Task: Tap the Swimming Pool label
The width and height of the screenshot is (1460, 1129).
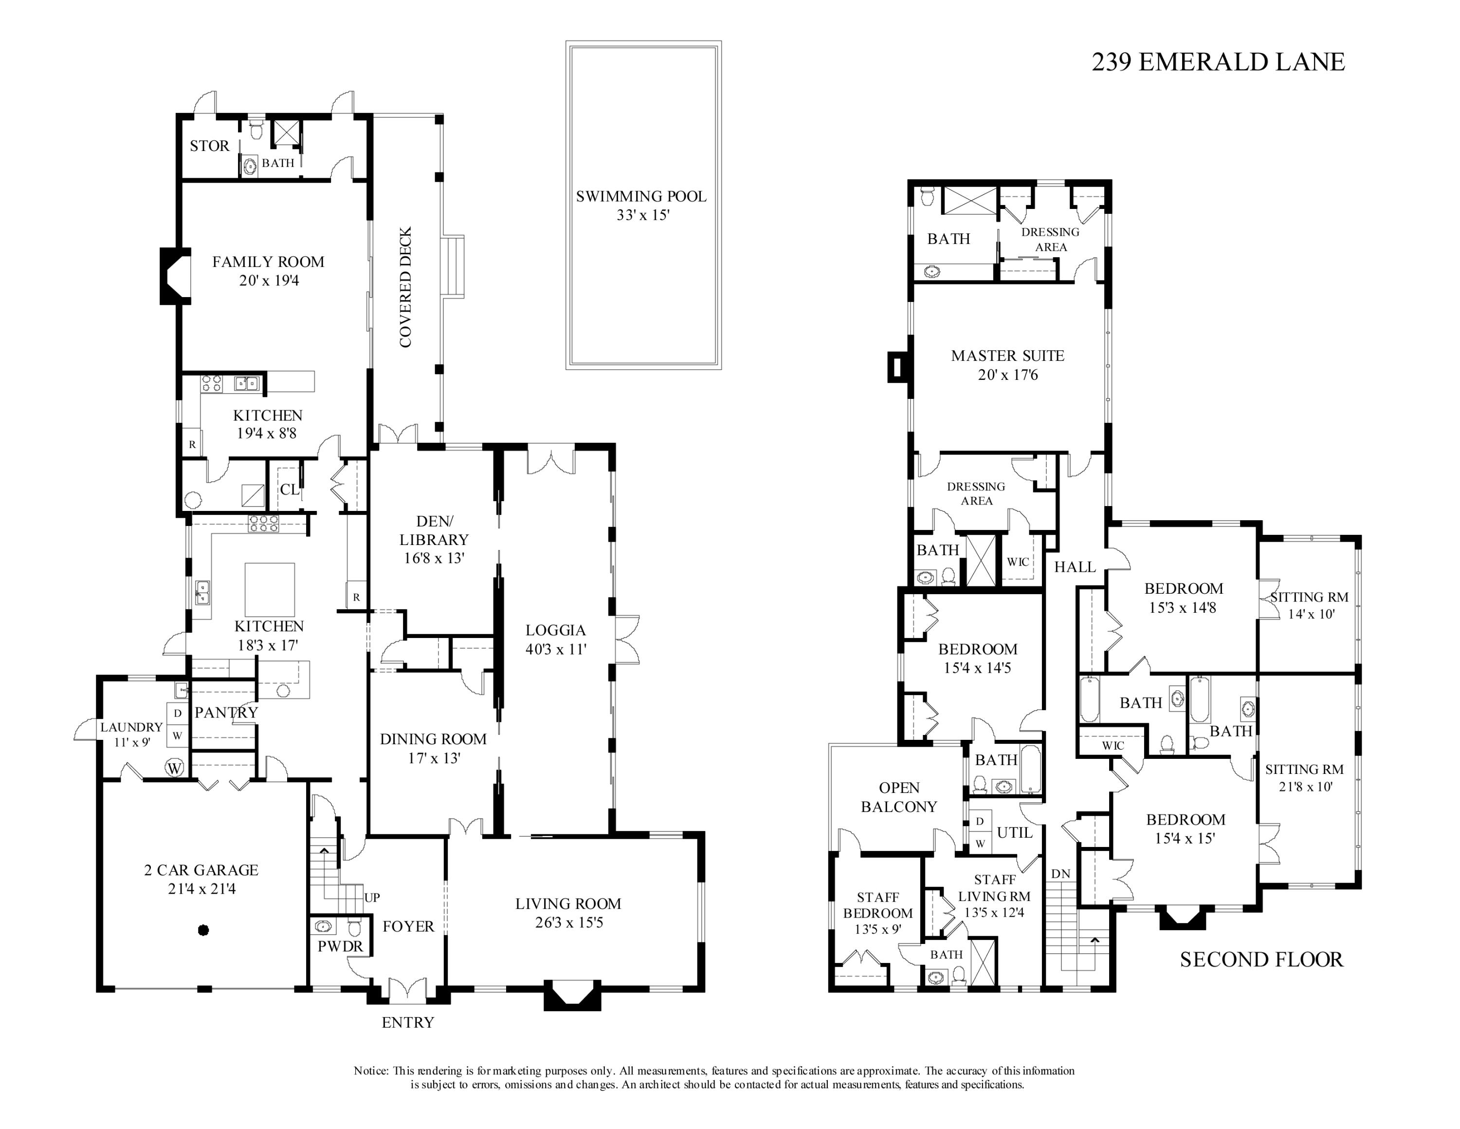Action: tap(641, 197)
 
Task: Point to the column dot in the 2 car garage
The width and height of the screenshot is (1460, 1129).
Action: tap(204, 930)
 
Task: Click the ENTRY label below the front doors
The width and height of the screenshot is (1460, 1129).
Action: tap(408, 1022)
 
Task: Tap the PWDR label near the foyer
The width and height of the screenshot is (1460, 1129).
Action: tap(340, 946)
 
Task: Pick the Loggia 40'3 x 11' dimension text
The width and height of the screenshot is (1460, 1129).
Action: tap(555, 649)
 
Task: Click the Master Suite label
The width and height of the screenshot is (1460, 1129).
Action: tap(1007, 356)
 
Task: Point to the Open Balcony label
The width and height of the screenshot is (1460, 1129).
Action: tap(899, 797)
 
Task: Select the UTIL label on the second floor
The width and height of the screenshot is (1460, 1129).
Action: tap(1015, 833)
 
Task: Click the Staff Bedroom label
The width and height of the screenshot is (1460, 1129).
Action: tap(878, 905)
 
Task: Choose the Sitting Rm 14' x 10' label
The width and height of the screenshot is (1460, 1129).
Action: tap(1310, 605)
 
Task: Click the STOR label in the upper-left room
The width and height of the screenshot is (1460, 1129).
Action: tap(209, 146)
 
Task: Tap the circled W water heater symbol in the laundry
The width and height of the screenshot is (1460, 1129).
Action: tap(175, 768)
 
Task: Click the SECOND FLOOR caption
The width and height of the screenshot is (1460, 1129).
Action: tap(1261, 960)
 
